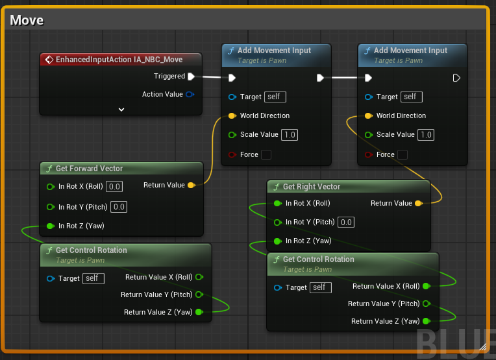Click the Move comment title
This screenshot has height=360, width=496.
(27, 20)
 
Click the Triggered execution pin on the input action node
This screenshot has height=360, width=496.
(191, 77)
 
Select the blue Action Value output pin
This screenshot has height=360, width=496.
(190, 94)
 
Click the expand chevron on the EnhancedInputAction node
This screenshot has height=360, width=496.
(121, 110)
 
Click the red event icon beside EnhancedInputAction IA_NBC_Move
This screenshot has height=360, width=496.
(49, 60)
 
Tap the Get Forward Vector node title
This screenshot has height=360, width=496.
(89, 169)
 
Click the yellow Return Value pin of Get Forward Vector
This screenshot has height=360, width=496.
(192, 186)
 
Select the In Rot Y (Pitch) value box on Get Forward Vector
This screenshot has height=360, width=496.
(119, 207)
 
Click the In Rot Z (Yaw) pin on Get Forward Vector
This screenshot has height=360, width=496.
(50, 226)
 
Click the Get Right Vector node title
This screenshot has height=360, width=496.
(312, 187)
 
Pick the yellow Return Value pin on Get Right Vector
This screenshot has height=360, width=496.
(419, 203)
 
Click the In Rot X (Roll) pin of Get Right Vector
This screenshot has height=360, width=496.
(278, 203)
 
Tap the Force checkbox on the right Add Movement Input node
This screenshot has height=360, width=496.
(403, 155)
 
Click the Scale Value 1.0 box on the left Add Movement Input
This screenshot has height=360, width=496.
(290, 135)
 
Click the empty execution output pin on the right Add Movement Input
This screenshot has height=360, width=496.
(456, 78)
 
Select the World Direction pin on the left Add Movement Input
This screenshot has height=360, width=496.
(232, 115)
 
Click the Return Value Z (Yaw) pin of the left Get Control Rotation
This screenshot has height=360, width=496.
(199, 312)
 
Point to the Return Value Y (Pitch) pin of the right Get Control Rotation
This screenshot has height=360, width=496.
(427, 304)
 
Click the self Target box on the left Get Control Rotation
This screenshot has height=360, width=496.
(93, 278)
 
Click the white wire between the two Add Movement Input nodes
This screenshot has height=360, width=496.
(344, 77)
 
